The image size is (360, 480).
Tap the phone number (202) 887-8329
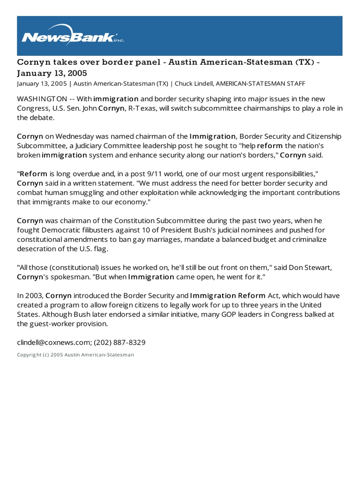120,343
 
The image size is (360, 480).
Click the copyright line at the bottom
75,355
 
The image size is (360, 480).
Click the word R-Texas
142,108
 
